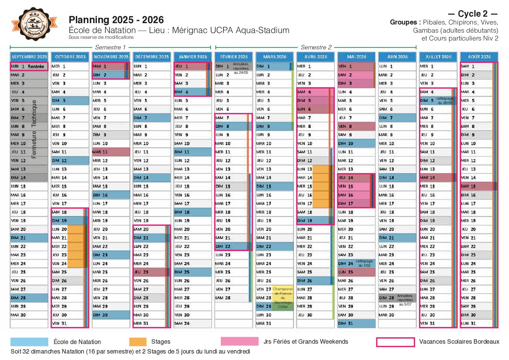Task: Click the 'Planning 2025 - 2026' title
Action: click(116, 20)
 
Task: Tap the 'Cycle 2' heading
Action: click(473, 14)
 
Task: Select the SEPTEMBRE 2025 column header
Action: click(29, 57)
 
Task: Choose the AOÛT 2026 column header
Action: click(479, 57)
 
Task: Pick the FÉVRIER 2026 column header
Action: click(234, 57)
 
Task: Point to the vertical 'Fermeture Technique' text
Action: click(34, 129)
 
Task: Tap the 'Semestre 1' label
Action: click(110, 47)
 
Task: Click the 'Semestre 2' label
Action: click(316, 47)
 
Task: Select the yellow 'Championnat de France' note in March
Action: click(283, 298)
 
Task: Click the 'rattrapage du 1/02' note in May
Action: click(364, 263)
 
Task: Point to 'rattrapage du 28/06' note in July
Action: click(444, 101)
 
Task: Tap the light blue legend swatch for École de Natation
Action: click(29, 342)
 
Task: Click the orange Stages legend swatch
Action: click(138, 342)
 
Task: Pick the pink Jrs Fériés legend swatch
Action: click(239, 341)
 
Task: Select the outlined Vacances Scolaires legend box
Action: click(395, 342)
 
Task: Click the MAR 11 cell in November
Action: click(111, 152)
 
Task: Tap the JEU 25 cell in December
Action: click(151, 272)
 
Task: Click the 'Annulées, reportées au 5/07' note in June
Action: click(405, 300)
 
